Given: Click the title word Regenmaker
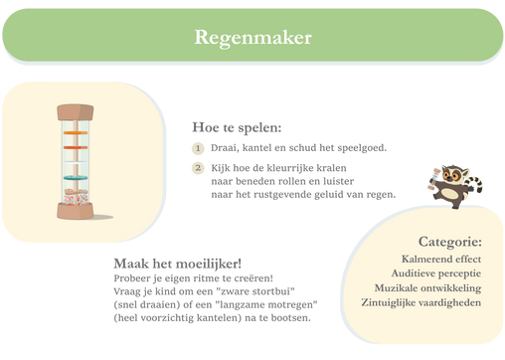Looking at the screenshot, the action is coord(252,38).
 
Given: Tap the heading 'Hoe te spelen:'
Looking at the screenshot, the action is coord(237,127).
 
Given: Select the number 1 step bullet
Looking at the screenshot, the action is coord(198,148).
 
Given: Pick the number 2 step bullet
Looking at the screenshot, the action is coord(198,168).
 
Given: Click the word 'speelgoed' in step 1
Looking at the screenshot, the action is coord(362,148).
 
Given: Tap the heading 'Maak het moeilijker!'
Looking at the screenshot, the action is coord(178,264).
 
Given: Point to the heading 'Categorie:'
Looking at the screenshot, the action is coord(450,242).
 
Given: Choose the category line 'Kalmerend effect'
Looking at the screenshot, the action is coord(441,259).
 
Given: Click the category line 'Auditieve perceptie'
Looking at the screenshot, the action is coord(436,273).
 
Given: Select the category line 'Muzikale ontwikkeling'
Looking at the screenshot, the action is coord(427,288).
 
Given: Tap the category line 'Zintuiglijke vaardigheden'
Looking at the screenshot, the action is coord(421,303).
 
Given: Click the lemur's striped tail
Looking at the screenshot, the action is coord(476,183).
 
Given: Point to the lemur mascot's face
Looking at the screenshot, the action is coord(451,173).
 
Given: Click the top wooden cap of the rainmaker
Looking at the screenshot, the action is coord(76,112).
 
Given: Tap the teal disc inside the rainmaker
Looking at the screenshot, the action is coord(76,178).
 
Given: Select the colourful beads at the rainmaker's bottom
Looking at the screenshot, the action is coord(76,200).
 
